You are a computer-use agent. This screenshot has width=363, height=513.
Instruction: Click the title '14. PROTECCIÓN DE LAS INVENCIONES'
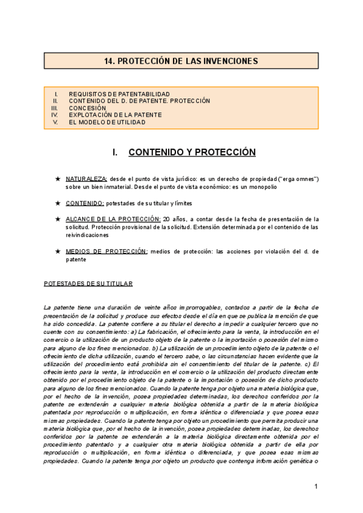181,61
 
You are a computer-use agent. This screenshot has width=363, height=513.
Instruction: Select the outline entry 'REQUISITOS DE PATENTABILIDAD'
119,94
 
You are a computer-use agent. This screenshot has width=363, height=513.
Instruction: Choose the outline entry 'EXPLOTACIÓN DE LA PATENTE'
115,114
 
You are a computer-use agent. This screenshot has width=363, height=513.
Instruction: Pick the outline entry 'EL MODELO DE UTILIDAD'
107,122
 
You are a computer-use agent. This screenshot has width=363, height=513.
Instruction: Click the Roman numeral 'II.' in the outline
55,101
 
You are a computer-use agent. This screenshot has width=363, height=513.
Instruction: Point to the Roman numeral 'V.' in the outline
55,122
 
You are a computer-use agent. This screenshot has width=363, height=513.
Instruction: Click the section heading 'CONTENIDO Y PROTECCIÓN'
192,152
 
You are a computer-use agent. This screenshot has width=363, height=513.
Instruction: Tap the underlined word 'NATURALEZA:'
87,180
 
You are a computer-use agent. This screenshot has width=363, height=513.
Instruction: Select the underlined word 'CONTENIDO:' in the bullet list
85,203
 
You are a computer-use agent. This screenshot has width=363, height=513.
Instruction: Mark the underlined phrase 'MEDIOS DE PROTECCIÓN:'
106,251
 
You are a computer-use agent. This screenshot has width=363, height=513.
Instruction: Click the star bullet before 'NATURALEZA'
57,180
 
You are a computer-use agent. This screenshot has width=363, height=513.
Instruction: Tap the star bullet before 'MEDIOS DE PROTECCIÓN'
57,251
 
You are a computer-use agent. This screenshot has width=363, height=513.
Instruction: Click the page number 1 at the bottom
316,488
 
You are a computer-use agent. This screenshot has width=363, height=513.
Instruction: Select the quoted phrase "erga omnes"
297,180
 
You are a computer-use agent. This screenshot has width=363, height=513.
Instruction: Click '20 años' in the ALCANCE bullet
172,219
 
